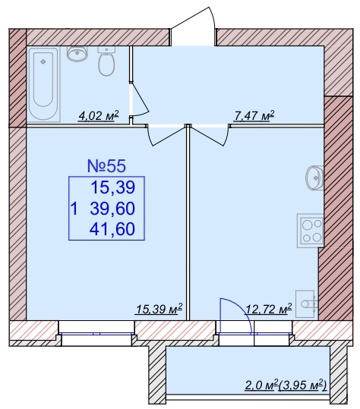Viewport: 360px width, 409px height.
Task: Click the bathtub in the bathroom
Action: pos(43,84)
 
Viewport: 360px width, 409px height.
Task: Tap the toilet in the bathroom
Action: pos(106,61)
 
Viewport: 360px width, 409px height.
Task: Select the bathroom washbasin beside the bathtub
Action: pos(77,54)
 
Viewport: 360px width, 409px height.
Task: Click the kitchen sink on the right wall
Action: pos(314,178)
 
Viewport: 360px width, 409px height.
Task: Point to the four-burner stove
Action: pos(310,231)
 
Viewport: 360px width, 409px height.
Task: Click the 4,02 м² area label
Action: pos(99,115)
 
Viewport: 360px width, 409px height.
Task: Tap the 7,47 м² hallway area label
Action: pos(254,115)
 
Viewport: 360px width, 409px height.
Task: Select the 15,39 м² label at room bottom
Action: pos(159,310)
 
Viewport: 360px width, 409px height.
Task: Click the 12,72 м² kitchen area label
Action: pos(269,310)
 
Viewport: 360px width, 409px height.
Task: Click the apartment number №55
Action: pos(106,166)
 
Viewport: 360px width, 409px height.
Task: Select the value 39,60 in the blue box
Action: pos(112,209)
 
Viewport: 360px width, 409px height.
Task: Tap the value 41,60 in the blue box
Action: pos(112,229)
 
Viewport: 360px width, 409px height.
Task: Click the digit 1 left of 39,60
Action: pos(74,209)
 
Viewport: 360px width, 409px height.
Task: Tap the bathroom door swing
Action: pos(139,99)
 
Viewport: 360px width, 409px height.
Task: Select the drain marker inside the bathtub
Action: pos(43,61)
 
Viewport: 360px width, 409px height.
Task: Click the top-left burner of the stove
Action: pos(307,225)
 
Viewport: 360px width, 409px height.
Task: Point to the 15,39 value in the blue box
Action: pos(112,188)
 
